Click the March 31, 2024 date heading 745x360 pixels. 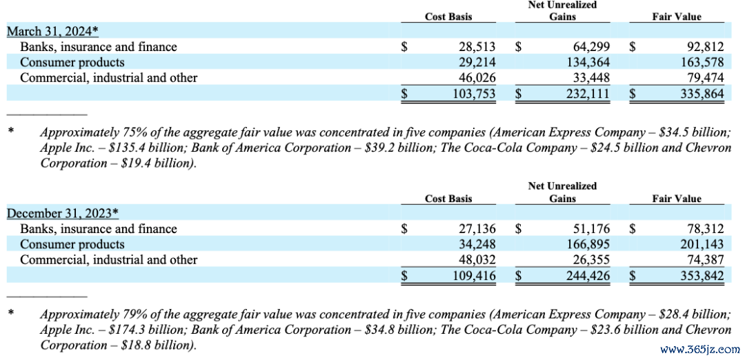click(52, 31)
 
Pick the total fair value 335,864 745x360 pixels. click(700, 94)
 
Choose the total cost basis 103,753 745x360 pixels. click(474, 94)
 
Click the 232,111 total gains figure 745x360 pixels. click(588, 94)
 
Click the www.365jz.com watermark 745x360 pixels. click(699, 349)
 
